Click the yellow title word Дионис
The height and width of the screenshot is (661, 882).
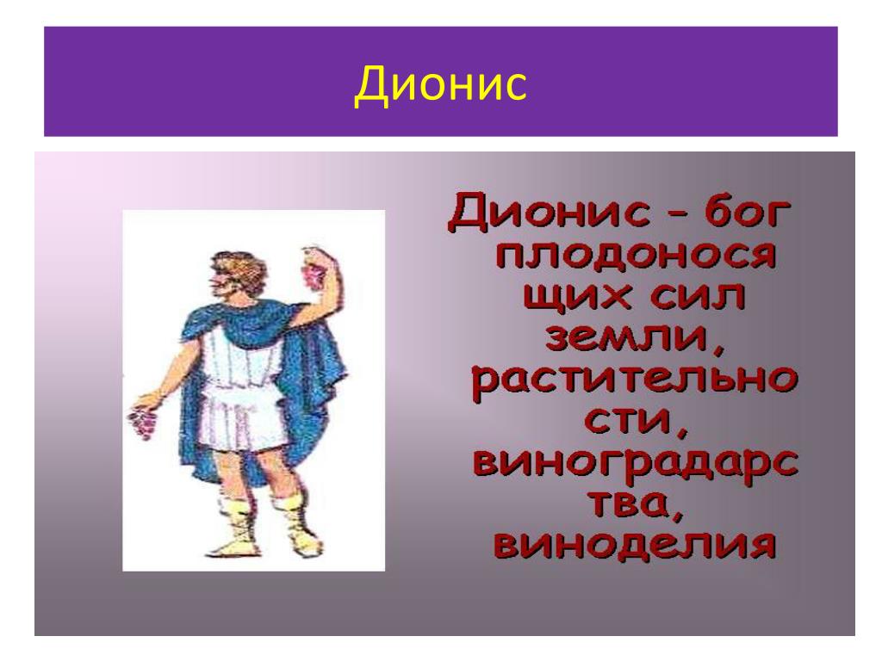pyautogui.click(x=440, y=84)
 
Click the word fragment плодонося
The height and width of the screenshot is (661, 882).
pyautogui.click(x=636, y=256)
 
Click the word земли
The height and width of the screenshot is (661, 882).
pyautogui.click(x=634, y=339)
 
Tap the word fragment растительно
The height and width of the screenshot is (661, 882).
pyautogui.click(x=634, y=381)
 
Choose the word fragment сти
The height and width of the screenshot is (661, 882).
pyautogui.click(x=635, y=421)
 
